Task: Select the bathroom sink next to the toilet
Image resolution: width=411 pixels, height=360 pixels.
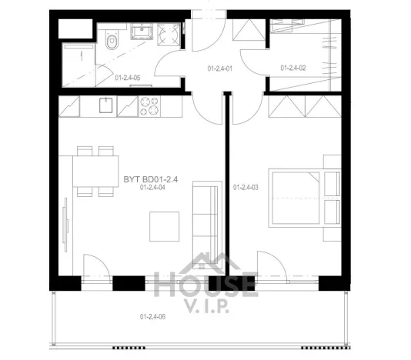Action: click(x=142, y=32)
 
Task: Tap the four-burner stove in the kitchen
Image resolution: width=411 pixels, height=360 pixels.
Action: click(x=149, y=106)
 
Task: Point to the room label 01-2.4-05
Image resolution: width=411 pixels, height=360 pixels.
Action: click(x=126, y=77)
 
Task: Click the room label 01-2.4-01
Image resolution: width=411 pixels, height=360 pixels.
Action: click(x=220, y=68)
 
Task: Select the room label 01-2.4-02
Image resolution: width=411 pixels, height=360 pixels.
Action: click(x=294, y=68)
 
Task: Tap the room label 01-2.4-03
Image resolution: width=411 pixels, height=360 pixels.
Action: click(x=246, y=186)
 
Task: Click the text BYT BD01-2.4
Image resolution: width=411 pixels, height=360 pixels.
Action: click(x=151, y=179)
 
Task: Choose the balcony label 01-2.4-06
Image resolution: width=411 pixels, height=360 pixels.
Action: click(x=153, y=316)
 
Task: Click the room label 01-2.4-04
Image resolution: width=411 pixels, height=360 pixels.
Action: click(x=153, y=188)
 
